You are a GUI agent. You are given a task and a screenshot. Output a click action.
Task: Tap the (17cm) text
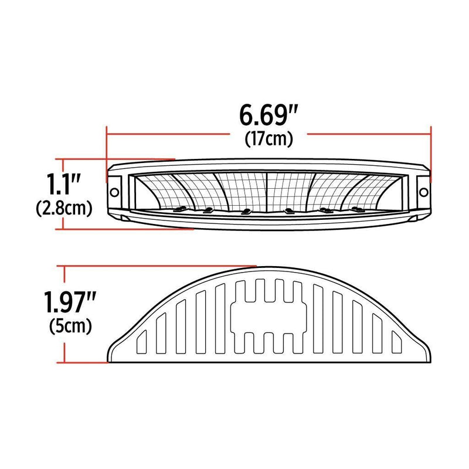click(x=267, y=139)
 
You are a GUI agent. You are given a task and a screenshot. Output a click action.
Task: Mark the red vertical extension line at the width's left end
click(x=106, y=149)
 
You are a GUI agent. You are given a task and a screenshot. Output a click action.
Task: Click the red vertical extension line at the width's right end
click(x=431, y=149)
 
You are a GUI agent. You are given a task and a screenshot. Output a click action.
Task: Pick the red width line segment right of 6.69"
click(x=369, y=134)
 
